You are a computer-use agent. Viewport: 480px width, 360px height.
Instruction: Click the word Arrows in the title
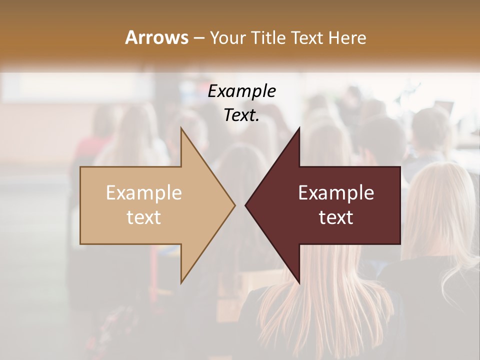157,37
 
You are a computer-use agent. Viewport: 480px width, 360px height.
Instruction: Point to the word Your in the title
228,38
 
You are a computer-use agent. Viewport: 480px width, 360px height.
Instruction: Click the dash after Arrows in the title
198,38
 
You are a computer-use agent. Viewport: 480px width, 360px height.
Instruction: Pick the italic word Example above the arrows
242,91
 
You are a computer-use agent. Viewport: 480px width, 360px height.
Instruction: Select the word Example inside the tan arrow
144,193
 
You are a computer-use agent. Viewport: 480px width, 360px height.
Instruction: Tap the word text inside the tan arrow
144,217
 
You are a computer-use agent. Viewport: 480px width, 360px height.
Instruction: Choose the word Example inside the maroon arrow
336,193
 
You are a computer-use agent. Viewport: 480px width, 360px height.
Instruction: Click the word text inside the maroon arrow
336,217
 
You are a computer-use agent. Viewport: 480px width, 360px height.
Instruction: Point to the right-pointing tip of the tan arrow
235,205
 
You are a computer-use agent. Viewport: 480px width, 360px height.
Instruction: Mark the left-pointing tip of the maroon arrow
245,205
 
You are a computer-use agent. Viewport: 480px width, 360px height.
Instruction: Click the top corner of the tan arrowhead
181,128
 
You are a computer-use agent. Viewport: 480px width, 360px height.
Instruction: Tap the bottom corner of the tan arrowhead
181,283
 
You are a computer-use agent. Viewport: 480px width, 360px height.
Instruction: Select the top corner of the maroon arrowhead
299,128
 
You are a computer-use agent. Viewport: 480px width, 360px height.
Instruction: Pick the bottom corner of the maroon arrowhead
299,283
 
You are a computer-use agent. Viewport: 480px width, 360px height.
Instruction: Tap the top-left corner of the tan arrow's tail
80,167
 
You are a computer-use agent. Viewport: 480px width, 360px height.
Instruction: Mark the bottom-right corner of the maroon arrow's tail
400,244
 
